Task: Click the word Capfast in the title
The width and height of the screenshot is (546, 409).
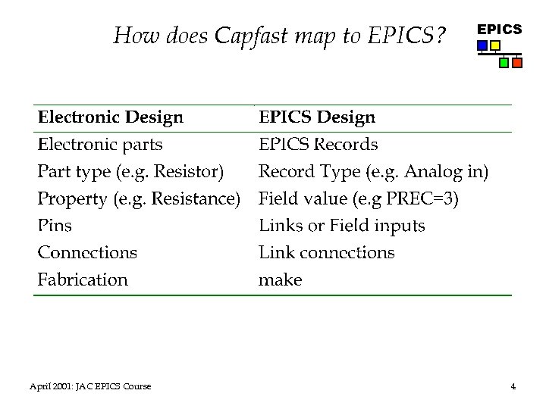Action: pyautogui.click(x=260, y=36)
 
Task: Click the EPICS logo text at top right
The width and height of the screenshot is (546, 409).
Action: pyautogui.click(x=499, y=30)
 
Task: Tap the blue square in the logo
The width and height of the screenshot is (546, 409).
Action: pyautogui.click(x=482, y=46)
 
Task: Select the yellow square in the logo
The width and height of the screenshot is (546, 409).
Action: pyautogui.click(x=495, y=46)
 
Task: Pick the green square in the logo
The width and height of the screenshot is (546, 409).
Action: pyautogui.click(x=504, y=63)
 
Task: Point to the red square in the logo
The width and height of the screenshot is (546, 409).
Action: pyautogui.click(x=517, y=63)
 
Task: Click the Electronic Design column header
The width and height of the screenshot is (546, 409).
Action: pyautogui.click(x=111, y=117)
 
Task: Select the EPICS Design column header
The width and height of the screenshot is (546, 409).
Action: pyautogui.click(x=317, y=117)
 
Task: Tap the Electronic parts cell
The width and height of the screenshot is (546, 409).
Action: pyautogui.click(x=100, y=144)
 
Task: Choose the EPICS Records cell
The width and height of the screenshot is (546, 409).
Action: pyautogui.click(x=318, y=144)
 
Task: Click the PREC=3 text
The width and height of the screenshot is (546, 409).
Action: pyautogui.click(x=423, y=198)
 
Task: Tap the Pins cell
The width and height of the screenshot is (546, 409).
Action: pyautogui.click(x=55, y=226)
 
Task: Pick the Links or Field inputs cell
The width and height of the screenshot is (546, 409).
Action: pyautogui.click(x=342, y=226)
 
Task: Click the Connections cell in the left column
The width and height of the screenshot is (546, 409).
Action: pyautogui.click(x=87, y=252)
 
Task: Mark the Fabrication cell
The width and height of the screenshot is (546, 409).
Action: pyautogui.click(x=83, y=279)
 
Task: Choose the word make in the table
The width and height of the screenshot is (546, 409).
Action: pyautogui.click(x=280, y=280)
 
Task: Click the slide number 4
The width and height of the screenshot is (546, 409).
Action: pyautogui.click(x=513, y=387)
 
